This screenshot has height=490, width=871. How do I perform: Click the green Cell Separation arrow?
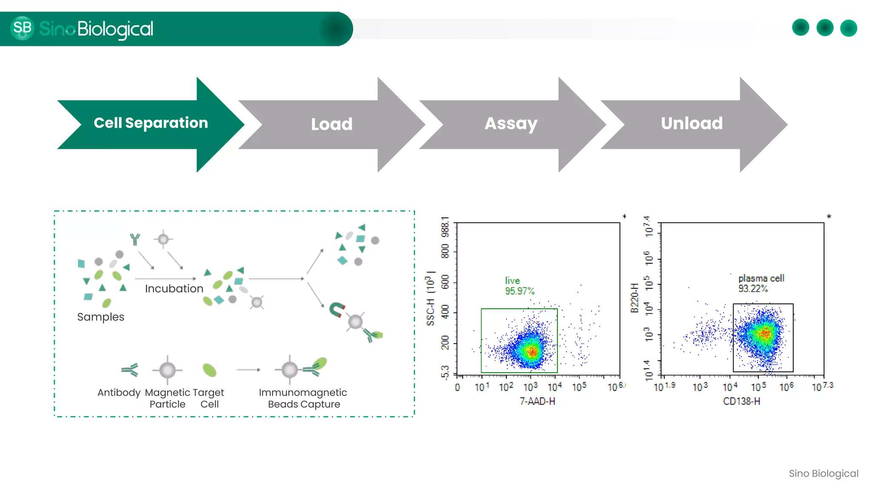point(151,124)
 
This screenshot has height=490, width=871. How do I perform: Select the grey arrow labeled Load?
point(331,125)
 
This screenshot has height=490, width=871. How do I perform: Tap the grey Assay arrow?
point(511,124)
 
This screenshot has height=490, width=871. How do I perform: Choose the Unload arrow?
point(692,124)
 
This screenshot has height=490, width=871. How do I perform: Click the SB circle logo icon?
point(22,28)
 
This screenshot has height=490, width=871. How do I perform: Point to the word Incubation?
point(174,289)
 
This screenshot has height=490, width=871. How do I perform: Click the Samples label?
point(101,317)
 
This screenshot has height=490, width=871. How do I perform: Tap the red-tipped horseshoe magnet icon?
point(337,310)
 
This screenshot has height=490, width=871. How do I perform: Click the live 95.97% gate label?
point(519,286)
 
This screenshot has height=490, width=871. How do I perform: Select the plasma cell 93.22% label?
point(761,283)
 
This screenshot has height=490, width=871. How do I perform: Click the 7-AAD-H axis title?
point(537,401)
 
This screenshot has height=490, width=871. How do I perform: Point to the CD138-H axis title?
point(741,401)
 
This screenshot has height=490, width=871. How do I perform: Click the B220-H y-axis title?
point(635,298)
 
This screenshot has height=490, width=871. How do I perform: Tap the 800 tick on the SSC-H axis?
point(445,251)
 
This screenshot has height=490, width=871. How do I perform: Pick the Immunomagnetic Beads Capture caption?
point(303,398)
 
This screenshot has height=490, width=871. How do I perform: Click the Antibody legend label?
point(119,393)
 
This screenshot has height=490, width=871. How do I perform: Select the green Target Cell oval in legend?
point(209,370)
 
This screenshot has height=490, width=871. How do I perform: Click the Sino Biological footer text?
point(823,473)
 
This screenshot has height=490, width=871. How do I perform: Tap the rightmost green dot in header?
point(848,28)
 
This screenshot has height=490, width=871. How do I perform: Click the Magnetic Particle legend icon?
point(167,370)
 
